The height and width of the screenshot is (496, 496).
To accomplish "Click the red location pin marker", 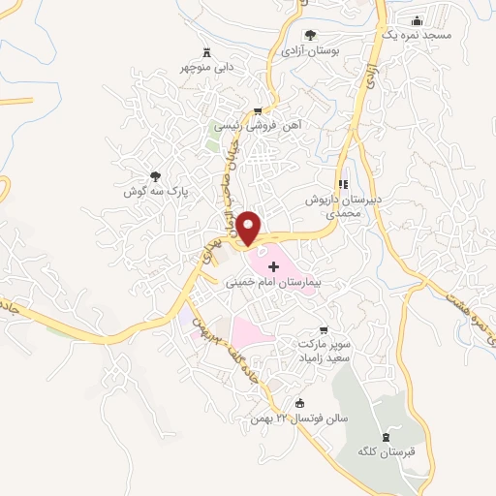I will point(249,227).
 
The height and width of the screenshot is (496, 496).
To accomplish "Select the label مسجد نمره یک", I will point(418,36).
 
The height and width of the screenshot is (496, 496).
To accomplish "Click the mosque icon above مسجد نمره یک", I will point(418,20).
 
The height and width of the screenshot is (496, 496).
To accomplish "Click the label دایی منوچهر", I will point(205,69).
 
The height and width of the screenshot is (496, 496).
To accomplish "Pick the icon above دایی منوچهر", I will point(205,53).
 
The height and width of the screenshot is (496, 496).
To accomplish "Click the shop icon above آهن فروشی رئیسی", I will point(256,111).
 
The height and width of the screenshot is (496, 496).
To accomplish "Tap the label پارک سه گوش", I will point(154,193).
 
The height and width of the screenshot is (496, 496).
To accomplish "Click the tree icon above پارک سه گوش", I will point(154,176).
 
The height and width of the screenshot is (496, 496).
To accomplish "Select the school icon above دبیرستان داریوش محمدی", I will point(343,183).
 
